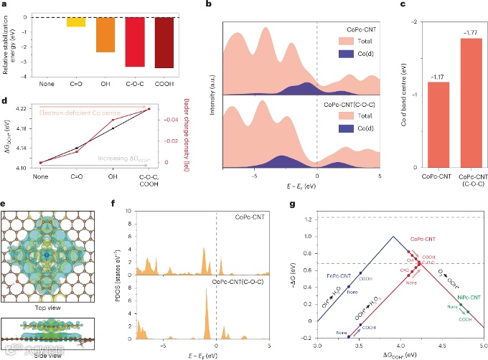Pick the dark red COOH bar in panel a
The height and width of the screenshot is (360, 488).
pyautogui.click(x=164, y=42)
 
